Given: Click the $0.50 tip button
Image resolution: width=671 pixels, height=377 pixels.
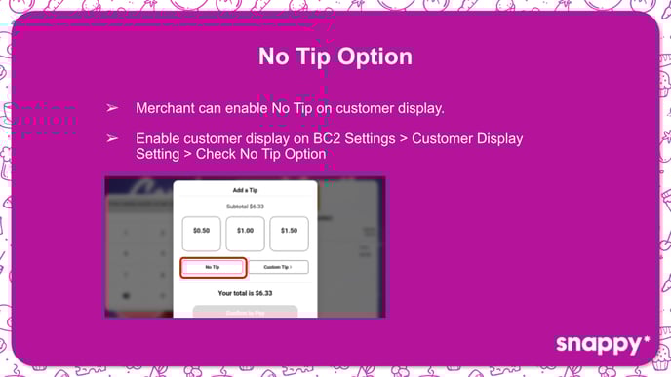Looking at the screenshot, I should [x=201, y=231].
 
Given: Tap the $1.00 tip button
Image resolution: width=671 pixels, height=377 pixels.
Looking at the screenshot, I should [x=245, y=231].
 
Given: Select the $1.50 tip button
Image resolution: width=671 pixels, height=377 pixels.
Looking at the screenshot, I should [x=289, y=231].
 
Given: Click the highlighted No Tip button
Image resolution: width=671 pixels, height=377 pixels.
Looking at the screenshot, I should [x=212, y=266].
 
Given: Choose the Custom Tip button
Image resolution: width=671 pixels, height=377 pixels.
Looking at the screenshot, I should [x=279, y=266].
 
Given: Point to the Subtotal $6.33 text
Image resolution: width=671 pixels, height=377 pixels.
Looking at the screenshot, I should [x=245, y=206].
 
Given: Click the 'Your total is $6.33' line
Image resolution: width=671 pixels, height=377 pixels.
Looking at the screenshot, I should [x=245, y=292].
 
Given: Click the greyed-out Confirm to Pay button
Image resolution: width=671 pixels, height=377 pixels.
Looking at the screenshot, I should [x=245, y=311].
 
